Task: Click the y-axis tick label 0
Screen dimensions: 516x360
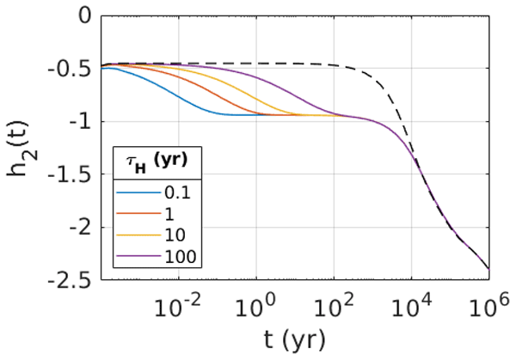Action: [84, 16]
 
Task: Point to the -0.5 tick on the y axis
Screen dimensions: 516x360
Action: [70, 70]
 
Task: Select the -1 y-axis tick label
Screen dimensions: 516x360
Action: [80, 122]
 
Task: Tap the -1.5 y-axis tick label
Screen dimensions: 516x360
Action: [70, 174]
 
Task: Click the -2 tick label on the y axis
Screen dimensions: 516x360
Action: [80, 228]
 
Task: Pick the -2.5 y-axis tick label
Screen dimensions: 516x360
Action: [70, 280]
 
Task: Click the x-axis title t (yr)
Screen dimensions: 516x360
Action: [294, 340]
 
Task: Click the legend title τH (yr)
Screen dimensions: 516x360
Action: [157, 162]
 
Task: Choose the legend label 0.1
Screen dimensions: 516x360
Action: [178, 193]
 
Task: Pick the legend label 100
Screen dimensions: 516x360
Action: [181, 256]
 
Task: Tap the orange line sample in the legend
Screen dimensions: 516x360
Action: [138, 214]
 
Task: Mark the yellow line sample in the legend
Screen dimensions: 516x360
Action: [138, 235]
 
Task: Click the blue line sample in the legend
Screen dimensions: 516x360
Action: [138, 193]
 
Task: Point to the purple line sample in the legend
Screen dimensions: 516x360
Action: [138, 256]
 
